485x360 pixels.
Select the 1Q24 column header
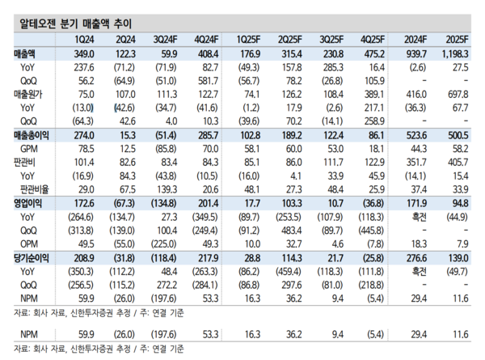click(x=85, y=40)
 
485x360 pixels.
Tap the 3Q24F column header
click(x=166, y=40)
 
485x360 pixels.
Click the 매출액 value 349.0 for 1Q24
click(x=84, y=53)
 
